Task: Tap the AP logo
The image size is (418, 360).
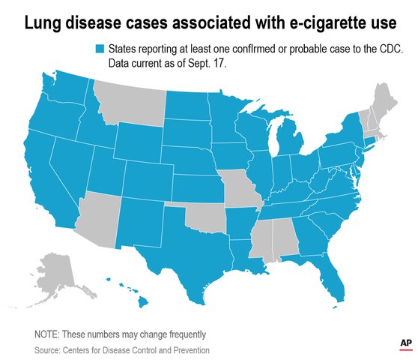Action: tap(405, 342)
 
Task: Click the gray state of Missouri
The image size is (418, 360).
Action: tap(242, 192)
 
